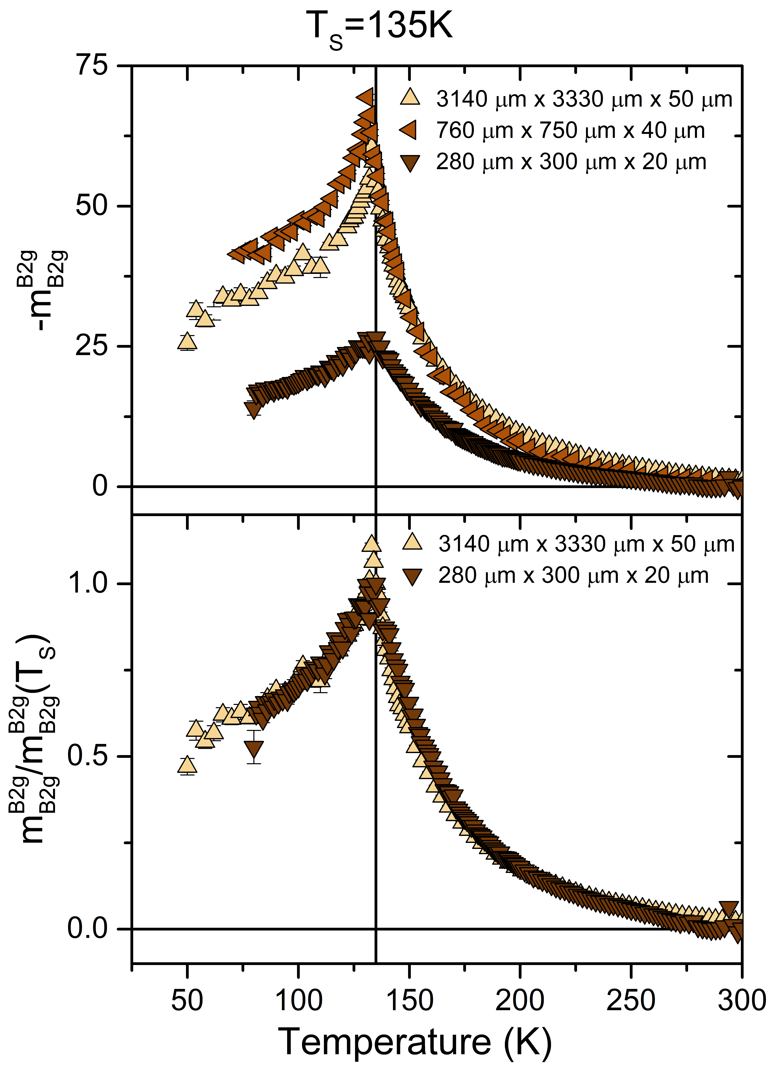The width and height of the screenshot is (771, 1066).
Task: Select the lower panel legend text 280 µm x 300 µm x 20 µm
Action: pos(573,576)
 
